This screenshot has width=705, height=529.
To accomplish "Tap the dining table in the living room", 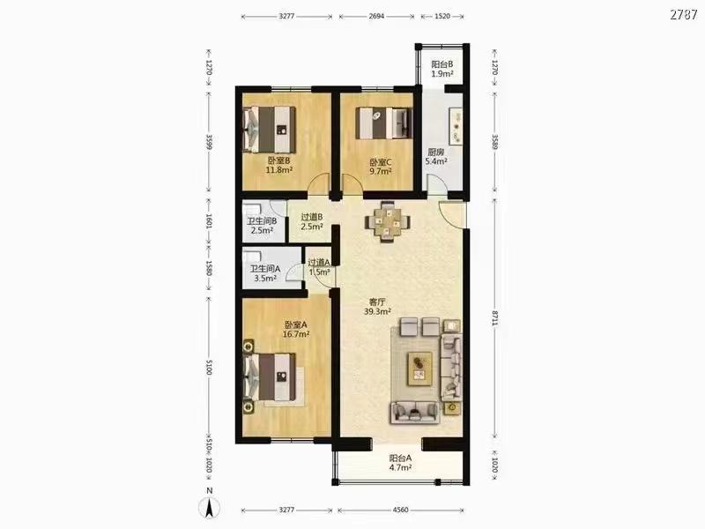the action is coord(387,221).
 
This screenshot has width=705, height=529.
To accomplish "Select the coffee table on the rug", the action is coord(420,369).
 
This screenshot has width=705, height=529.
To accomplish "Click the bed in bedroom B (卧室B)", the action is coord(269,130).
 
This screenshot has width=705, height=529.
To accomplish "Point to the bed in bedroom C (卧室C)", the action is coord(383,122).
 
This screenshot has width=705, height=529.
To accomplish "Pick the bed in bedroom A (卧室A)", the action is coord(270,376).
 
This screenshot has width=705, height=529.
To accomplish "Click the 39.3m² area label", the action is coord(377,311).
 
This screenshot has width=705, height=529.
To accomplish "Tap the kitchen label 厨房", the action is coord(435,152).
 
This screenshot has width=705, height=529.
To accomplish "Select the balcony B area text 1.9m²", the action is coord(442,74).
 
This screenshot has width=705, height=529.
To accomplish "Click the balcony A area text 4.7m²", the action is coord(400,468).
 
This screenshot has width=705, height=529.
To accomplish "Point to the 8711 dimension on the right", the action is coord(494,318).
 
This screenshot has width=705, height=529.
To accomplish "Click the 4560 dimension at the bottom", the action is coord(401,510).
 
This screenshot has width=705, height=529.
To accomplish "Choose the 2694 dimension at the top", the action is coord(376,16).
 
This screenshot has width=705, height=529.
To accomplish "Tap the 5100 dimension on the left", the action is coord(208,367).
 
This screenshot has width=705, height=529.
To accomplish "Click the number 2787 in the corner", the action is coord(684,14).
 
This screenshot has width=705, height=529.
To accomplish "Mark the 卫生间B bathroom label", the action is coord(262,221).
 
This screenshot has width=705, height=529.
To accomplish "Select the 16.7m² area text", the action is coord(296,334).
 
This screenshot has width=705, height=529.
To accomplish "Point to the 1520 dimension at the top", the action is coord(442,16).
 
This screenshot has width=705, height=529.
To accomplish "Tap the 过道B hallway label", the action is coord(312,217).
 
